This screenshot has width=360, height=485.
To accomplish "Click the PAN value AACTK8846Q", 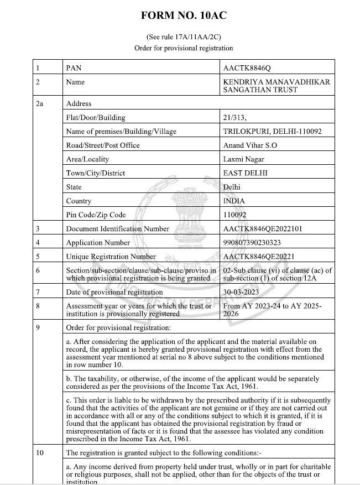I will coord(247,68).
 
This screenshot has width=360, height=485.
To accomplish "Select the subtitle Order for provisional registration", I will coord(184,48).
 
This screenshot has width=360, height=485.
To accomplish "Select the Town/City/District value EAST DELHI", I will coord(246,173).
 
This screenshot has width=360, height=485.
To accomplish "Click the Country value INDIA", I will coord(234,201).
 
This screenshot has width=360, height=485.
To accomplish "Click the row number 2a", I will coord(39,103).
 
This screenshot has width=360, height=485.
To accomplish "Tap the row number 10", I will coord(39,452).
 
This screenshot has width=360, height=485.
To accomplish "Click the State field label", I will coord(74,187).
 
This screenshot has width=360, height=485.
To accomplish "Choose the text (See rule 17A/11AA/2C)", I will coord(184,37).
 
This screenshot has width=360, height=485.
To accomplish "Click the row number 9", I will coord(37,327).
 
